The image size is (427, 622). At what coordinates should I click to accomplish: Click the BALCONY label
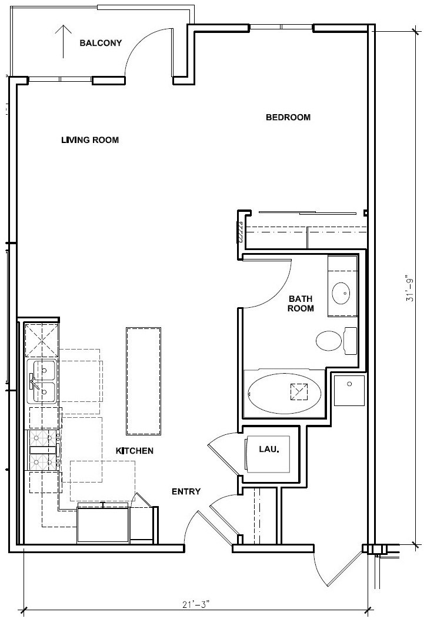click(x=101, y=43)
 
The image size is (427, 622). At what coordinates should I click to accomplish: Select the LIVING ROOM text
click(x=90, y=140)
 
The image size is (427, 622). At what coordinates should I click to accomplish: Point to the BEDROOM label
click(x=288, y=117)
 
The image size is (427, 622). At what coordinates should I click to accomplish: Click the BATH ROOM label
click(x=301, y=304)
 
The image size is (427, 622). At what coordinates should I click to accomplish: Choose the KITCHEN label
click(x=134, y=451)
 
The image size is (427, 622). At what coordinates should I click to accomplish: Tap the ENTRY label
click(x=186, y=491)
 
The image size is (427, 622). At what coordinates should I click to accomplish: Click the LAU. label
click(x=269, y=448)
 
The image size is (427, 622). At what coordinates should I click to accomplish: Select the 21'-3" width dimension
click(x=196, y=604)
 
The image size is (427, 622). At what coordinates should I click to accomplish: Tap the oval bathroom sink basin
click(x=342, y=292)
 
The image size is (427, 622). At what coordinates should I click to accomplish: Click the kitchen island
click(x=144, y=381)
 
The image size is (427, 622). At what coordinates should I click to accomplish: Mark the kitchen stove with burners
click(x=44, y=450)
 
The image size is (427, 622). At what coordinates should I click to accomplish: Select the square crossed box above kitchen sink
click(x=41, y=340)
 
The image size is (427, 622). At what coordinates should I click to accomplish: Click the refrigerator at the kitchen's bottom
click(x=104, y=524)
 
